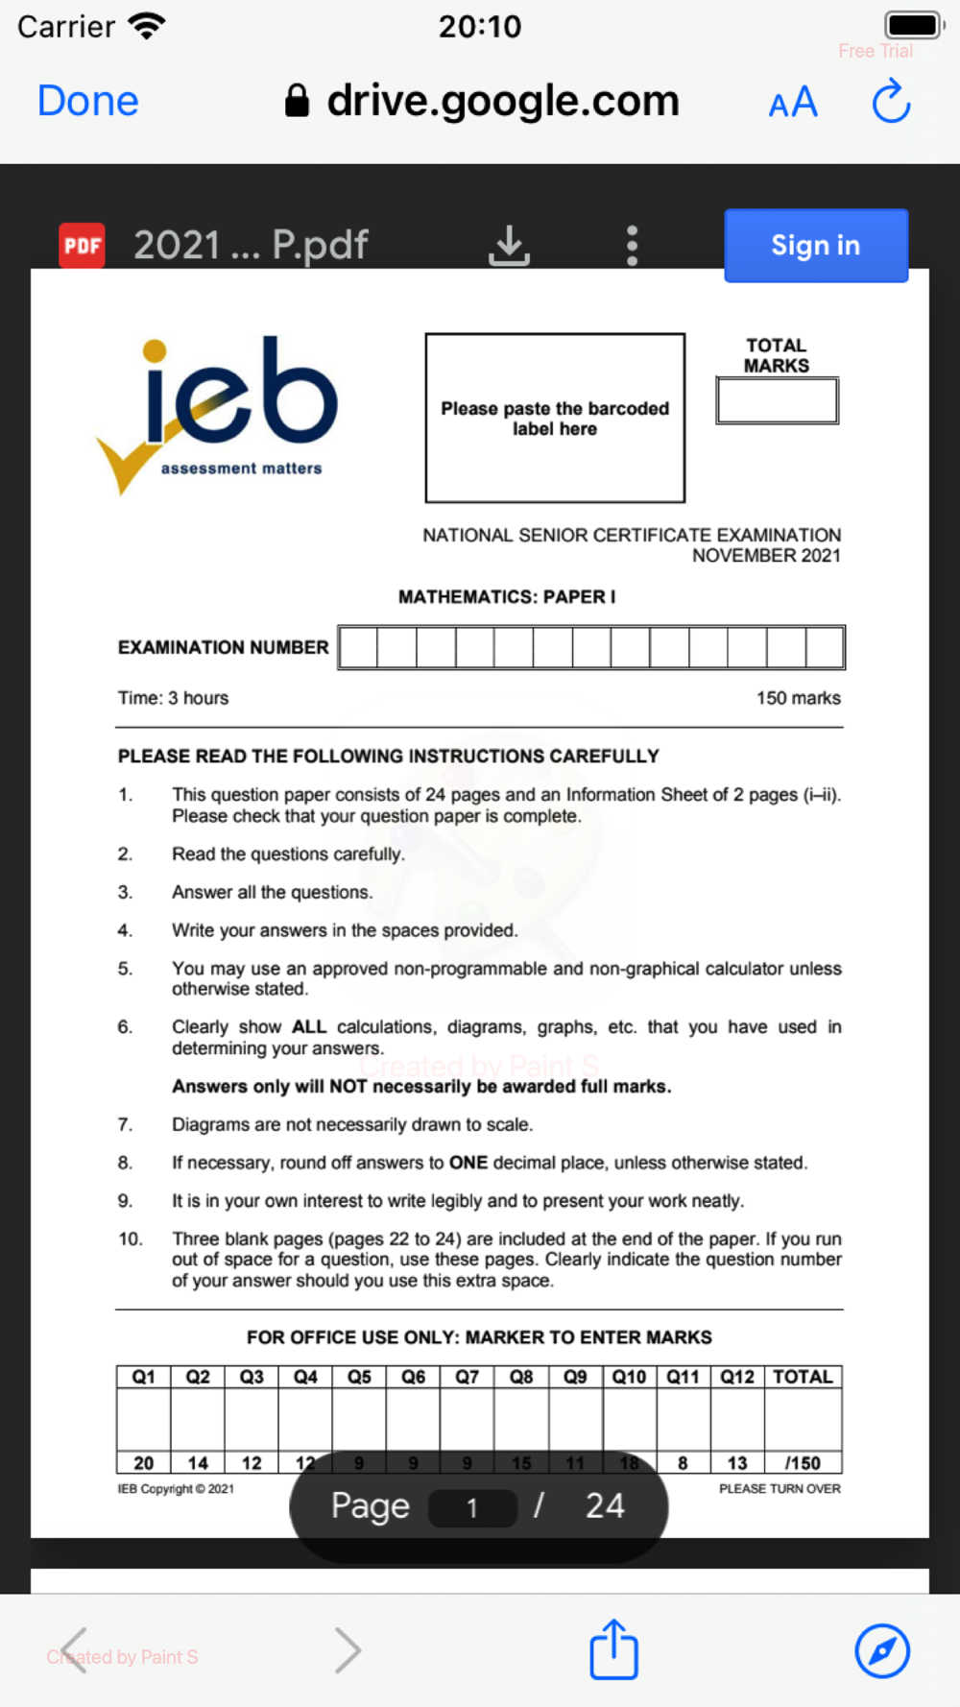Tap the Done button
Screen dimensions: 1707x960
[x=88, y=101]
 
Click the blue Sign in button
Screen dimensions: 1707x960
[x=815, y=246]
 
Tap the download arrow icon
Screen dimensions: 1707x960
[x=509, y=246]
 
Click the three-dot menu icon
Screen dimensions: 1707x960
[x=632, y=246]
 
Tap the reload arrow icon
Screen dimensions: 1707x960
[x=891, y=102]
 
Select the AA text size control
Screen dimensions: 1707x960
[x=793, y=103]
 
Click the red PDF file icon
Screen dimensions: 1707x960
[x=82, y=246]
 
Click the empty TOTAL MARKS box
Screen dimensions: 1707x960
[x=777, y=400]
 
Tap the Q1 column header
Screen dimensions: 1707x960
[x=143, y=1377]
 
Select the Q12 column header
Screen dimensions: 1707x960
[x=737, y=1377]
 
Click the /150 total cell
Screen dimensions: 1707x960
[x=803, y=1463]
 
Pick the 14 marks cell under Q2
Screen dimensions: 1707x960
[x=198, y=1463]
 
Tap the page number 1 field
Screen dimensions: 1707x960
[x=472, y=1507]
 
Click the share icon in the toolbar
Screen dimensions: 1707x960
[x=613, y=1650]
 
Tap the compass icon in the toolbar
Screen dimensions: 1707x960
[x=882, y=1650]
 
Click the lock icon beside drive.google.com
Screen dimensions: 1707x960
[x=298, y=100]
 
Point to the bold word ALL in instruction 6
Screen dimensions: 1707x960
[x=309, y=1026]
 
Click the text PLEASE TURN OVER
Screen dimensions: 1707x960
[x=780, y=1488]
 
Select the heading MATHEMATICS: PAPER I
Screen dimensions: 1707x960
[x=507, y=597]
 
